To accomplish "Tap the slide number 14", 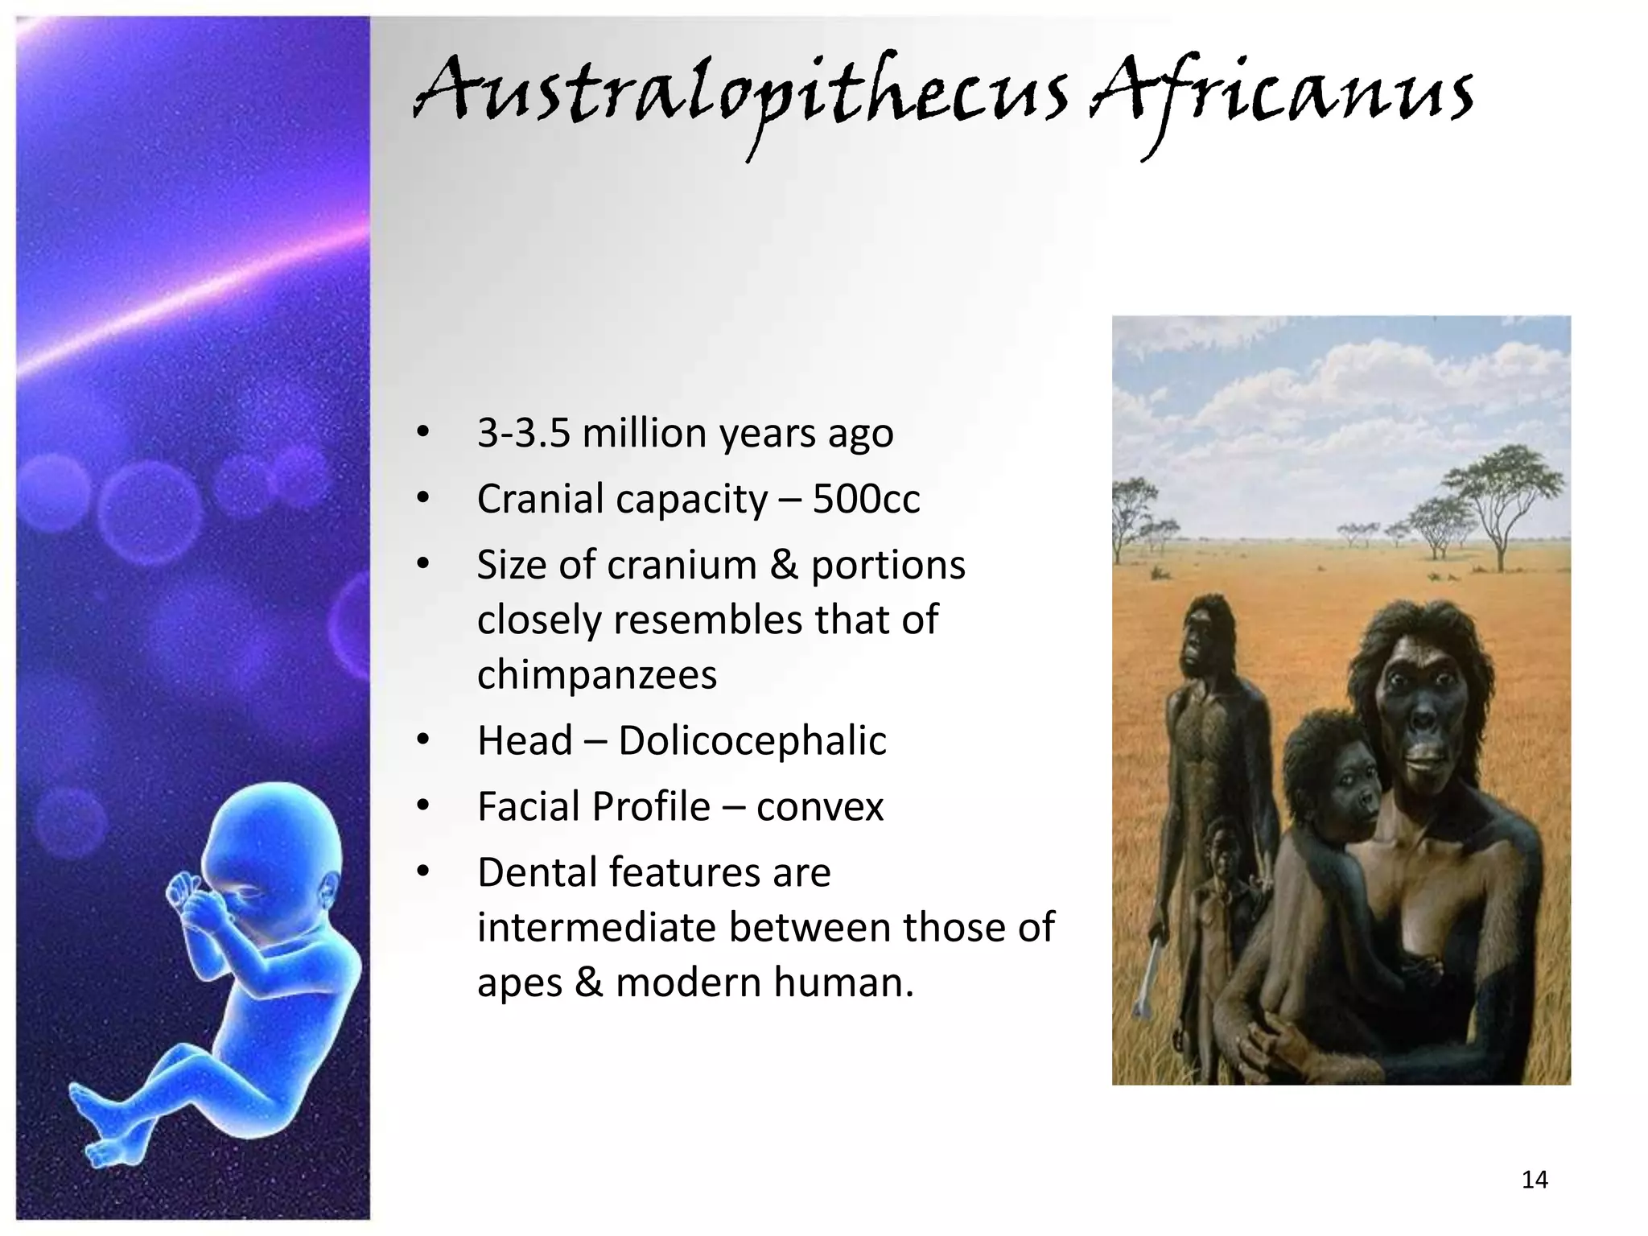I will pos(1535,1180).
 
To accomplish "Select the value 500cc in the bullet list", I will pos(866,499).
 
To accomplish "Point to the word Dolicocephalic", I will pos(752,740).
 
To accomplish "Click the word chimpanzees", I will pos(596,674).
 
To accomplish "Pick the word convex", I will pos(819,806).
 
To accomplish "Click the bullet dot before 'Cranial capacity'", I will pos(423,499).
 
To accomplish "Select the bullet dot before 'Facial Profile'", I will pos(423,806).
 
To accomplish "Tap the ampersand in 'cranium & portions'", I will pos(783,565).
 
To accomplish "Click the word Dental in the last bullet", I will pos(536,872).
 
